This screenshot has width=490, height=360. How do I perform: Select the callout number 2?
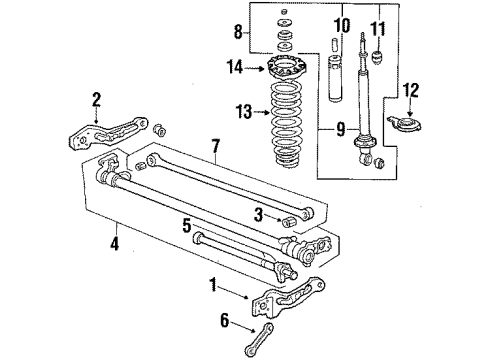pyautogui.click(x=97, y=98)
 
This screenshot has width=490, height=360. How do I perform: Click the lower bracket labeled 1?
pyautogui.click(x=295, y=300)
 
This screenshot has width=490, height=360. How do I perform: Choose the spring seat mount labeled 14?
pyautogui.click(x=283, y=72)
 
